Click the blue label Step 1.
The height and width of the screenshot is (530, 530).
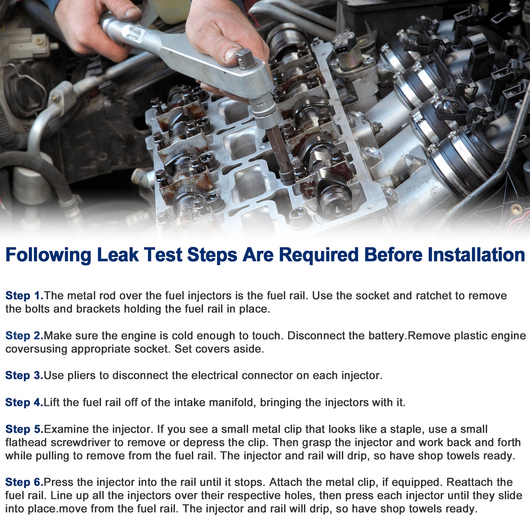pos(25,296)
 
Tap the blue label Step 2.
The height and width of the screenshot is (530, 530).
pos(25,336)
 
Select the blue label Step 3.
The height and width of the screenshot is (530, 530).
pos(25,375)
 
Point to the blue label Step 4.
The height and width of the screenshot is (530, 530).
pos(25,402)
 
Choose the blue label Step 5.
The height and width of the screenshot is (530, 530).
pos(25,429)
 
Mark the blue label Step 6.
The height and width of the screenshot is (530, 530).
pos(25,482)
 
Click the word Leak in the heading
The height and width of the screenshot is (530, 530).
pos(118,254)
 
